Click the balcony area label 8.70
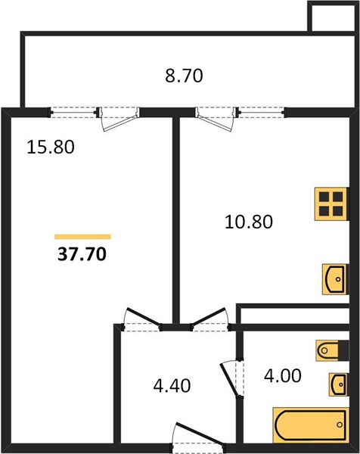click(x=184, y=76)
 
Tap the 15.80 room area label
click(x=51, y=147)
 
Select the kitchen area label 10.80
click(x=249, y=222)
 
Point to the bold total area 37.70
click(x=82, y=254)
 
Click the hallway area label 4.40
click(x=172, y=386)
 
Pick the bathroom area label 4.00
click(x=283, y=376)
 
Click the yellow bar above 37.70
click(x=82, y=237)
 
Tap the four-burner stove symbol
click(x=331, y=204)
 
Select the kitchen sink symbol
click(x=335, y=279)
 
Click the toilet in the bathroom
click(x=332, y=350)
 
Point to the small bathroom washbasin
click(x=339, y=384)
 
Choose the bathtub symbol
click(x=311, y=425)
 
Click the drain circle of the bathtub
click(x=340, y=424)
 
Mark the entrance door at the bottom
click(x=200, y=438)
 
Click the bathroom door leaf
click(x=229, y=380)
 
